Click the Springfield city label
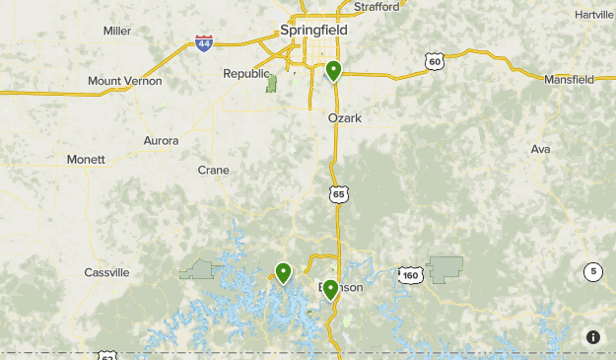pos(313,30)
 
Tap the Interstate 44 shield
pos(204,43)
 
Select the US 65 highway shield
pos(339,194)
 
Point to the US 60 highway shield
pos(435,61)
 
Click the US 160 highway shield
pos(411,274)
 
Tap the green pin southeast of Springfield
pos(334,71)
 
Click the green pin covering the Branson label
pos(331,289)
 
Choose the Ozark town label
pos(345,118)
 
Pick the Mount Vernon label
pos(124,81)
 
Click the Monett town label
pos(86,160)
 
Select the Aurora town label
pos(161,141)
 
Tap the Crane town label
pos(213,170)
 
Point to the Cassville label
pos(106,272)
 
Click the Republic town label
pos(245,74)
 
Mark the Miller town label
pos(117,31)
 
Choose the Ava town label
pos(540,149)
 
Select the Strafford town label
pos(376,7)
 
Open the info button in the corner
pos(592,337)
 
